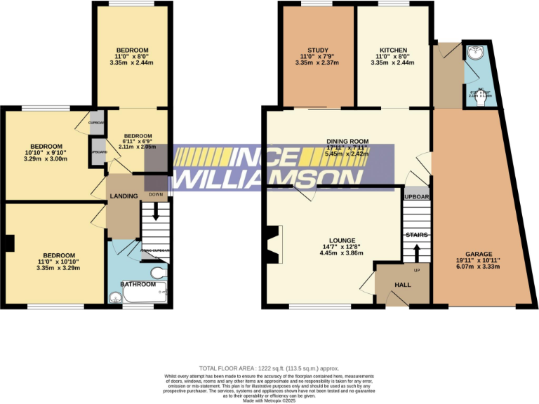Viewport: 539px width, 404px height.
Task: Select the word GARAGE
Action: pos(479,254)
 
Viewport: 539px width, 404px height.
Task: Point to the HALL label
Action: pos(402,285)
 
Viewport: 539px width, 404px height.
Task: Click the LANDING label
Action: pos(123,196)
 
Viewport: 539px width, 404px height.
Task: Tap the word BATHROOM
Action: pos(138,284)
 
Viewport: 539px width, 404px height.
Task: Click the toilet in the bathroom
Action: pos(158,273)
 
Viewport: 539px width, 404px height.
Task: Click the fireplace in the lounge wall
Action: pos(274,241)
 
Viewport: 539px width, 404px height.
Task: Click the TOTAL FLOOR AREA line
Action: pos(269,368)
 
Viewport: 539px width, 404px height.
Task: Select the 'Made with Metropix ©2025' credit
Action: pos(269,400)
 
